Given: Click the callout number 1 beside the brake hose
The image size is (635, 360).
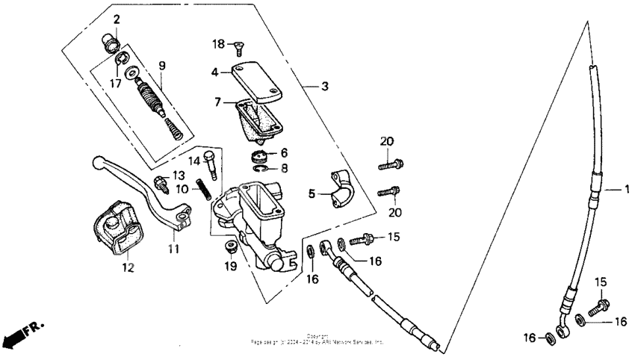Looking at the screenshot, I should [627, 189].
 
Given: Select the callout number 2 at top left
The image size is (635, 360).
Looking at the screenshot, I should [117, 18].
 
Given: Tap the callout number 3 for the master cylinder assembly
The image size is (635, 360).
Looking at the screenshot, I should [324, 87].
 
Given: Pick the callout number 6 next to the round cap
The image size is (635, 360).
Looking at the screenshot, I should [284, 152].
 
